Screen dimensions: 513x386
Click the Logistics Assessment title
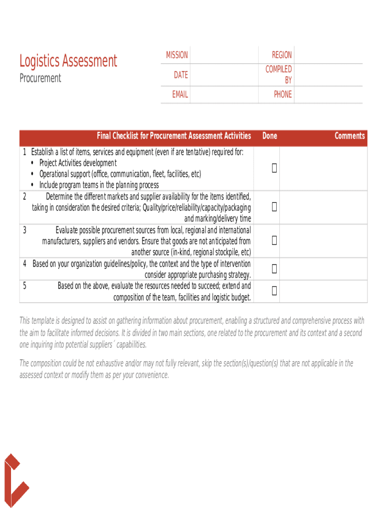tap(68, 61)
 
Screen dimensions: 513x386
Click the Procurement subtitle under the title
tap(40, 78)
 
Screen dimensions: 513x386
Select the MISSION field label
tap(177, 55)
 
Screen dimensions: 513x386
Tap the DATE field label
tap(181, 75)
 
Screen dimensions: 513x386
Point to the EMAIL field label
tap(180, 94)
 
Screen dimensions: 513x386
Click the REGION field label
tap(282, 55)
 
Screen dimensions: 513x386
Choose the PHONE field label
tap(283, 94)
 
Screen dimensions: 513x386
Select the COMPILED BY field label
tap(279, 75)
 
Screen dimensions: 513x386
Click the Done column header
tap(270, 136)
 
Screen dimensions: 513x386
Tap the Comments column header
tap(350, 136)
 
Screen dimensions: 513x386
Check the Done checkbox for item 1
tap(274, 169)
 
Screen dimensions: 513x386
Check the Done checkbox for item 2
tap(274, 206)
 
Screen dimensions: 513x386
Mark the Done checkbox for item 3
tap(274, 240)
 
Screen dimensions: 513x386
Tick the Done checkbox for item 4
tap(274, 269)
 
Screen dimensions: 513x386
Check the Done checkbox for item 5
tap(274, 291)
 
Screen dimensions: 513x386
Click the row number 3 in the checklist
tap(25, 230)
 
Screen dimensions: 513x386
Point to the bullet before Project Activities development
tap(33, 163)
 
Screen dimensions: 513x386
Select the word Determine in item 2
tap(62, 196)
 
